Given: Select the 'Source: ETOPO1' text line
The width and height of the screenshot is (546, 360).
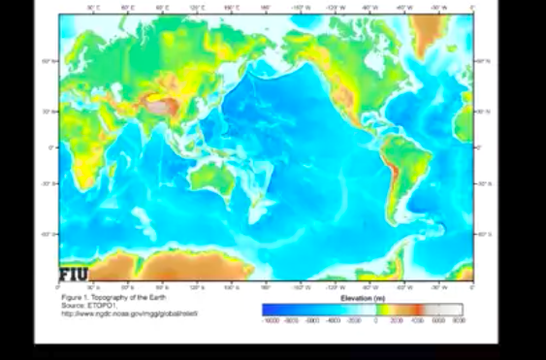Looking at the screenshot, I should point(88,306).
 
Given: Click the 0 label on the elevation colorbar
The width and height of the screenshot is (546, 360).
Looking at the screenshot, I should point(375,319).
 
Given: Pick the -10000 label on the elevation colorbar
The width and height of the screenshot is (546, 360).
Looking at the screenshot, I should point(273,319).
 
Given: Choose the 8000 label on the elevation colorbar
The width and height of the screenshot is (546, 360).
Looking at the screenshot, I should point(458,319).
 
